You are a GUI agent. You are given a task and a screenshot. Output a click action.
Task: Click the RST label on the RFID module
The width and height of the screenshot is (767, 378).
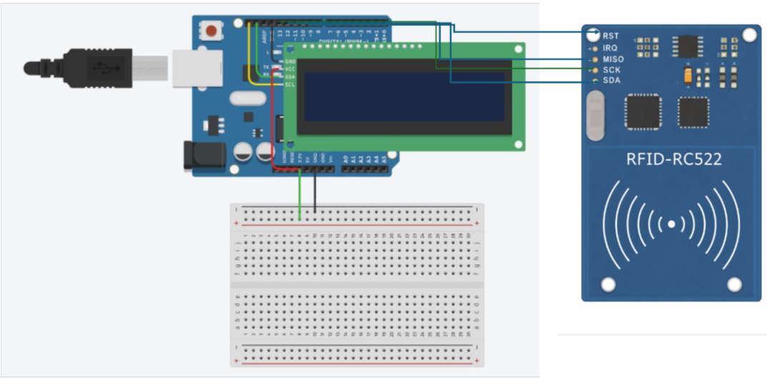[x=611, y=35]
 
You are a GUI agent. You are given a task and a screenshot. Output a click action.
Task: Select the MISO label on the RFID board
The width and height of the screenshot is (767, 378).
[x=613, y=59]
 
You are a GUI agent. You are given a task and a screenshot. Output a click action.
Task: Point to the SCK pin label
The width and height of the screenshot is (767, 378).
[x=612, y=70]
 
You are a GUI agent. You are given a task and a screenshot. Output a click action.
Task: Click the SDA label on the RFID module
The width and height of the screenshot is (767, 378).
[x=612, y=80]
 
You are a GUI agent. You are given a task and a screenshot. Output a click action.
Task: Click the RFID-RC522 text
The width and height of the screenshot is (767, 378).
[x=673, y=160]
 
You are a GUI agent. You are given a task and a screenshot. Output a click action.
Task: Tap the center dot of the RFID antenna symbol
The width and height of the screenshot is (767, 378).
[x=671, y=224]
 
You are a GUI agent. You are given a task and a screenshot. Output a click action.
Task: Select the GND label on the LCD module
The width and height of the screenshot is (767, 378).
[x=290, y=62]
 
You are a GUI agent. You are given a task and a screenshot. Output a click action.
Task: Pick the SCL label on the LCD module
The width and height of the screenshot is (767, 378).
[x=290, y=84]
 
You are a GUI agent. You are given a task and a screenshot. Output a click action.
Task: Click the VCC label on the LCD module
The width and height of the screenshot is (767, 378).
[x=290, y=69]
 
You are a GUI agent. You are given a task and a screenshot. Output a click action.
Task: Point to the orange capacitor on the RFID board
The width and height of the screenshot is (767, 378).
[x=688, y=75]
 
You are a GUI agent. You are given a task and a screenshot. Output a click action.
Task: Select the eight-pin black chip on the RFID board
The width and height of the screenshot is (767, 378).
[x=689, y=47]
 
